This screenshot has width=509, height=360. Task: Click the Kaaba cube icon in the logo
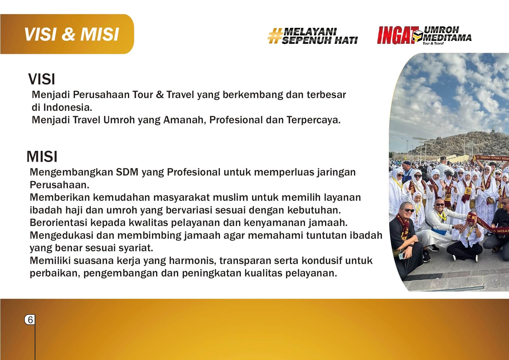pos(418,36)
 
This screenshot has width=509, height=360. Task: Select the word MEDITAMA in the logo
pos(447,38)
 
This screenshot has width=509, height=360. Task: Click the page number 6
pos(30,320)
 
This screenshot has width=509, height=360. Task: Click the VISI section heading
pos(41,79)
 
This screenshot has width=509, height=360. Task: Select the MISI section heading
pos(42,157)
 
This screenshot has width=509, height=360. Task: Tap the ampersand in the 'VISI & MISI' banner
pos(68,34)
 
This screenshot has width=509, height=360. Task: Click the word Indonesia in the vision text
pos(68,107)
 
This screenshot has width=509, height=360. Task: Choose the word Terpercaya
pos(313,120)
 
